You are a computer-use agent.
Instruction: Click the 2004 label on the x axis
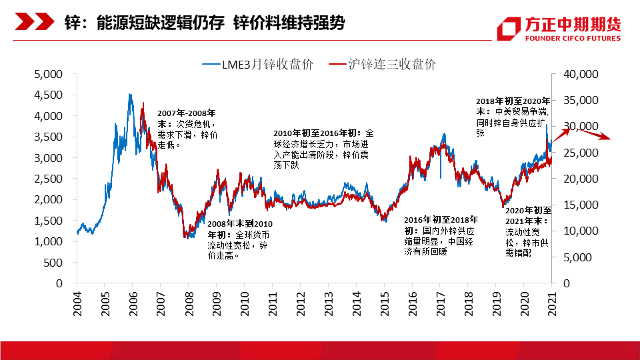point(77,298)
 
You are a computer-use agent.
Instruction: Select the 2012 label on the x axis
point(300,298)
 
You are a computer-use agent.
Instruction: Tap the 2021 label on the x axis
point(551,298)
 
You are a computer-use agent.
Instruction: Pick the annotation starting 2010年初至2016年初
point(325,149)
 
